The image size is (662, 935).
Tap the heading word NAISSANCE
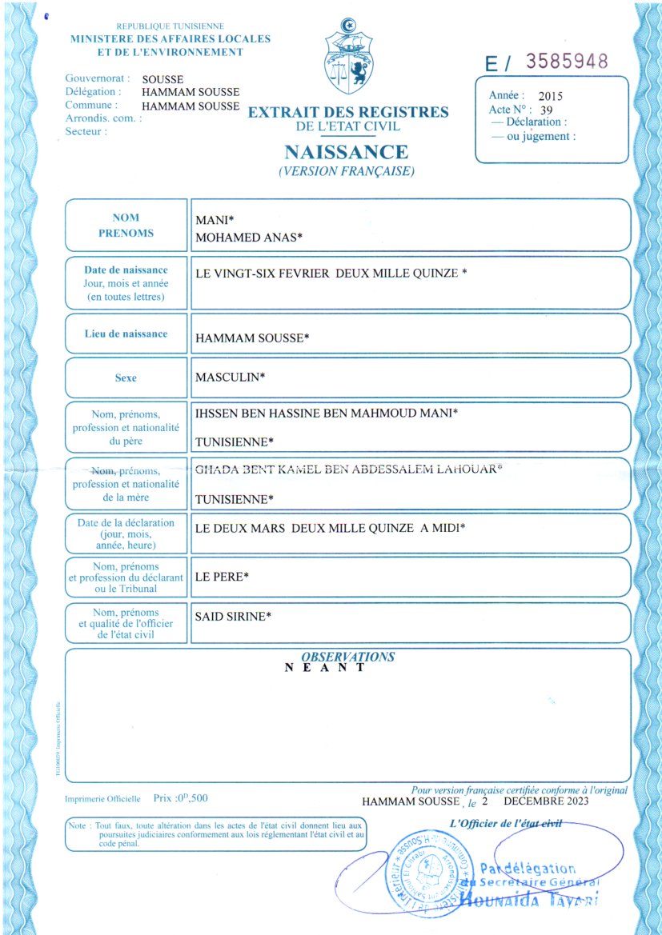[x=346, y=152]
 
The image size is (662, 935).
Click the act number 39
[x=547, y=110]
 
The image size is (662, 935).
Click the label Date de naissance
[x=126, y=270]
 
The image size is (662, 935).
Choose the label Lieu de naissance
[x=126, y=334]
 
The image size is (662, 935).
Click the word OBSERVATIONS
[x=348, y=657]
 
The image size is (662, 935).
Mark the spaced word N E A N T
[x=325, y=668]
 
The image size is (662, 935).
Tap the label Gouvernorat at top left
[x=97, y=79]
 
